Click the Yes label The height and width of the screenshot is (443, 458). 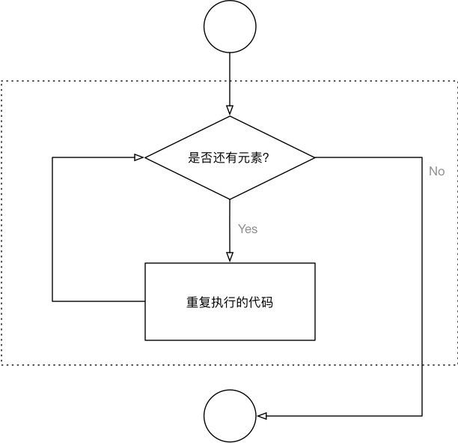[x=248, y=229]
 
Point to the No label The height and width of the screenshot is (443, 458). [x=436, y=172]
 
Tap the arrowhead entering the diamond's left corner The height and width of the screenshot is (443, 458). [x=139, y=157]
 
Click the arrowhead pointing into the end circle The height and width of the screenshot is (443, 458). [x=260, y=416]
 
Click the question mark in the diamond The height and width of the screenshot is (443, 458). [x=266, y=158]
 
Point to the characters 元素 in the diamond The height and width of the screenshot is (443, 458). [x=248, y=158]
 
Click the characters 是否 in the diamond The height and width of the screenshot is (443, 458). [x=198, y=158]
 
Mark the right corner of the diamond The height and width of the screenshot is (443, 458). [x=315, y=157]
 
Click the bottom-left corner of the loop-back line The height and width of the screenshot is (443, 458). [x=52, y=301]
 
